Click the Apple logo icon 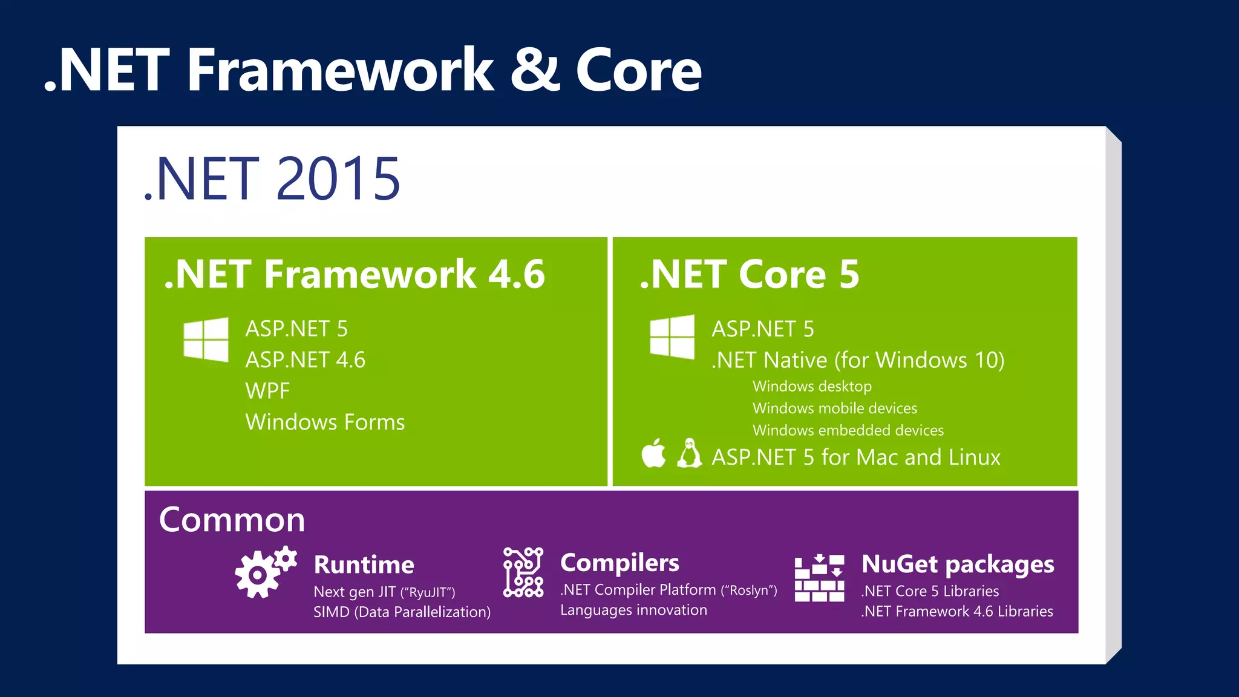(x=653, y=454)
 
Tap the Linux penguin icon (x=689, y=454)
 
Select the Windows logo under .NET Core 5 (x=672, y=337)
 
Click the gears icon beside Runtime (x=265, y=572)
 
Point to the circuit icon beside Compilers (x=523, y=572)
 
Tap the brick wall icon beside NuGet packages (x=819, y=578)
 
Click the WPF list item (x=267, y=391)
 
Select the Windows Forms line (x=325, y=422)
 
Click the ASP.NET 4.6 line (x=305, y=360)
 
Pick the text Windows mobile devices (x=834, y=408)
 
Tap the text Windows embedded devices (x=848, y=430)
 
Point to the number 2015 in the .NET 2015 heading (x=338, y=179)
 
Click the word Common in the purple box (x=232, y=520)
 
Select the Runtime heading (x=364, y=564)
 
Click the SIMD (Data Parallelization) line (x=402, y=612)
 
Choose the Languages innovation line (x=633, y=610)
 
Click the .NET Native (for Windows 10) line (x=857, y=360)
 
